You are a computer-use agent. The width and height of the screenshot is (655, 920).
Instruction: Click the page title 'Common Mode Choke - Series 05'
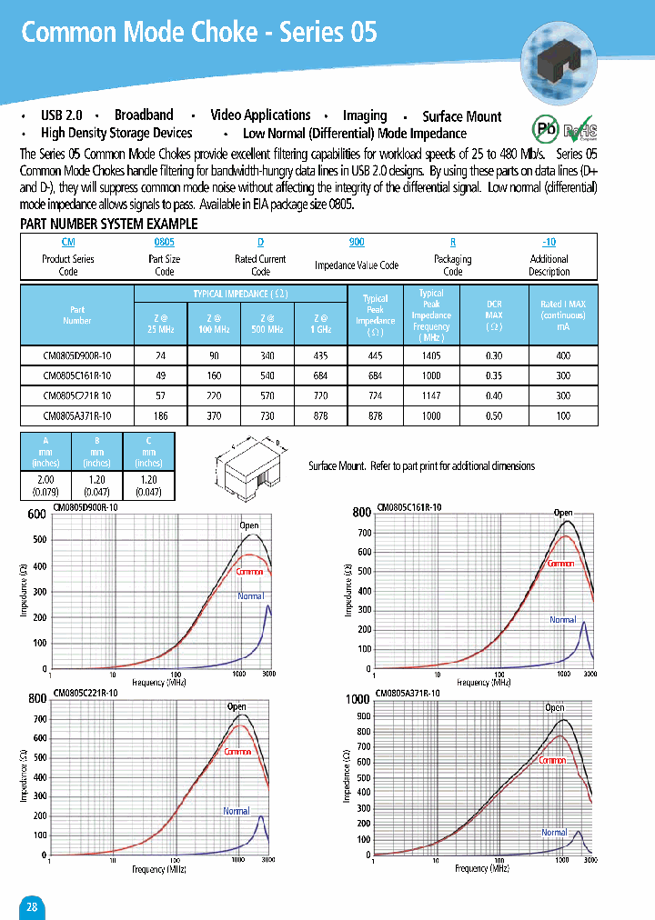(x=198, y=33)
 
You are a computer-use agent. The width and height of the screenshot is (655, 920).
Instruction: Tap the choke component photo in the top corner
(x=558, y=59)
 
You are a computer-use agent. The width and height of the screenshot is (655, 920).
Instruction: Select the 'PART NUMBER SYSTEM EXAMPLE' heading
(x=108, y=224)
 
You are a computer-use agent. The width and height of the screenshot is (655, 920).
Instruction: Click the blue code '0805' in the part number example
(x=164, y=243)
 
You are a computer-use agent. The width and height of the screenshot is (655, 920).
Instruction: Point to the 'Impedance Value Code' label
(x=357, y=265)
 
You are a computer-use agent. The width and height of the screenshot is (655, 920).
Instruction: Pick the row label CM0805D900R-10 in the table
(x=77, y=356)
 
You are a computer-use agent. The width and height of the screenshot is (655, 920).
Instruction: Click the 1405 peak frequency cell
(x=431, y=356)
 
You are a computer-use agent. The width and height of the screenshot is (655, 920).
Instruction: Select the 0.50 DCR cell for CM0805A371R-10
(x=494, y=415)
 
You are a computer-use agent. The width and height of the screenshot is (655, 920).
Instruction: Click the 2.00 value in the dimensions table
(x=45, y=479)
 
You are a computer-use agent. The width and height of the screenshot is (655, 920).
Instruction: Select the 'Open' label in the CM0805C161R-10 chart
(x=563, y=513)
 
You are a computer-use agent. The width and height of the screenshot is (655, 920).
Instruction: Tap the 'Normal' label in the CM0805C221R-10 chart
(x=237, y=811)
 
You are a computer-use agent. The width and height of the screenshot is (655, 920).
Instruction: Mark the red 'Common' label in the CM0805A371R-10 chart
(x=552, y=760)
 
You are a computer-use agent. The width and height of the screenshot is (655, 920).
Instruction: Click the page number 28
(x=32, y=907)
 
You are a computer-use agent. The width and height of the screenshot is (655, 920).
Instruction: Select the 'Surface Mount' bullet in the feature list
(x=462, y=116)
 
